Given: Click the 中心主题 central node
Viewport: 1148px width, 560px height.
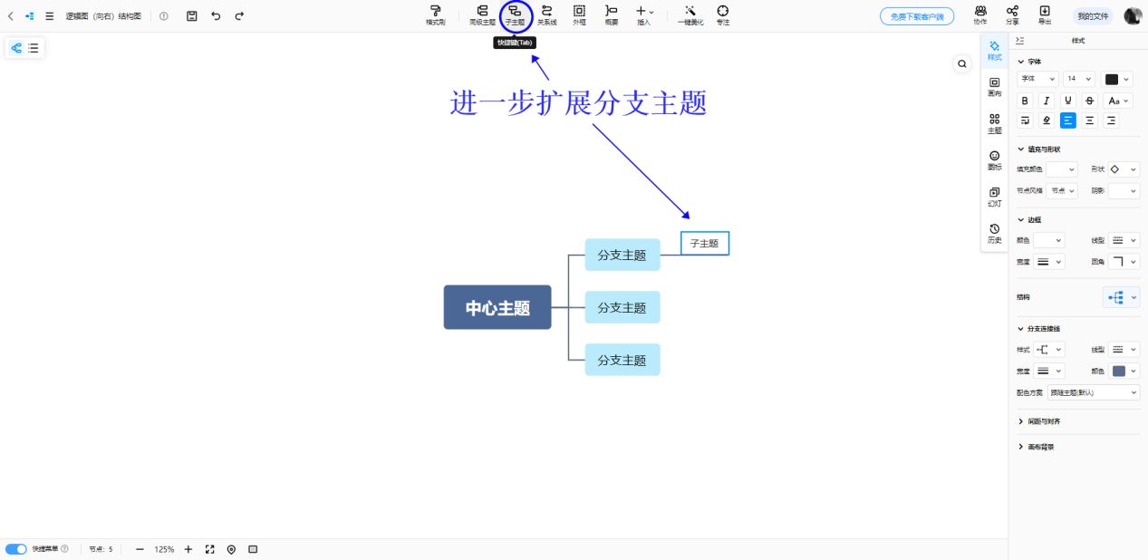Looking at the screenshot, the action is [x=497, y=307].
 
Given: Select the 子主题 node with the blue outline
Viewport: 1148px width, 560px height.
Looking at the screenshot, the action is [x=704, y=243].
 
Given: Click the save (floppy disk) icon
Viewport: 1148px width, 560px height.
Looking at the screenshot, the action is [x=191, y=16].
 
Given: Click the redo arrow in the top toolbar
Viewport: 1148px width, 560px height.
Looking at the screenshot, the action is [x=239, y=16].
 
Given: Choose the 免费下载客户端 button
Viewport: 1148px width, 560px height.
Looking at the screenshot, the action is [x=916, y=16].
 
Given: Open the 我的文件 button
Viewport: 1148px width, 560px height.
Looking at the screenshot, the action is [x=1092, y=16].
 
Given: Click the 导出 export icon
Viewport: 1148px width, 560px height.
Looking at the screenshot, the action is [x=1045, y=14].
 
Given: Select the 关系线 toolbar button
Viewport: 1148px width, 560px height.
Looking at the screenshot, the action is [x=546, y=14].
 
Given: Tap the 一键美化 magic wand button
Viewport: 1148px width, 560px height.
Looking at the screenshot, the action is [x=690, y=14].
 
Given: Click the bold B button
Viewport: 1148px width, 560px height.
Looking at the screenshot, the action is [x=1026, y=101].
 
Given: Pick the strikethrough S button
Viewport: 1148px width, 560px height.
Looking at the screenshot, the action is [x=1090, y=101].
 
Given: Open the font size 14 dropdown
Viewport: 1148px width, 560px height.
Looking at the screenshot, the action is [x=1078, y=79].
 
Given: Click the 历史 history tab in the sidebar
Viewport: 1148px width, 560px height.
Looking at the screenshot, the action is [x=994, y=233].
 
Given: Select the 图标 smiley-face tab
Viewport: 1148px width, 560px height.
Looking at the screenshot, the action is [x=994, y=160].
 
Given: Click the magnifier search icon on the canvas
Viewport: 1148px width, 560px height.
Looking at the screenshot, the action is [x=962, y=63].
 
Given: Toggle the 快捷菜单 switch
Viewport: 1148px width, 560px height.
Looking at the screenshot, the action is [x=15, y=549].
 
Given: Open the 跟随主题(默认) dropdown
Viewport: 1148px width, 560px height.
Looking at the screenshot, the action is [x=1094, y=392].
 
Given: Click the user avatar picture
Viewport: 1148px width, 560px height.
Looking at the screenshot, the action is [x=1133, y=16].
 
